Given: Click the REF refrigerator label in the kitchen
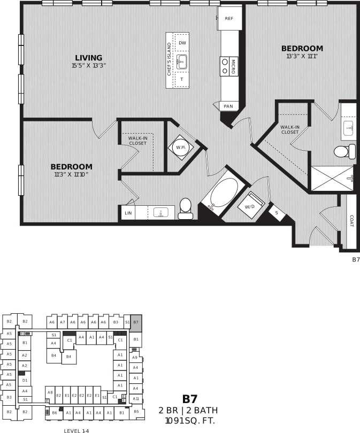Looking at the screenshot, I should click(229, 18).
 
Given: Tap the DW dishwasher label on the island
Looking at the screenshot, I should click(182, 43).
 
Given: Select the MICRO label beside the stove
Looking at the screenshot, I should click(234, 67).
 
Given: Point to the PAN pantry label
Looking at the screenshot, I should click(228, 106).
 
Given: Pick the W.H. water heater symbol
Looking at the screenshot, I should click(180, 148).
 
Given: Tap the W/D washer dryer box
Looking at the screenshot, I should click(250, 206).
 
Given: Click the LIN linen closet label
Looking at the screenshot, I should click(128, 213).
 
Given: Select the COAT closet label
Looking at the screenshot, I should click(351, 221).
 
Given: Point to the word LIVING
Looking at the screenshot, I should click(88, 58).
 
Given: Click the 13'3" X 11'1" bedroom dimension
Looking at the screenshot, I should click(302, 56).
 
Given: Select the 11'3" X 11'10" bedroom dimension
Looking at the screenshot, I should click(71, 174).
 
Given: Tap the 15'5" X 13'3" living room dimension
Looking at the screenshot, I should click(89, 66).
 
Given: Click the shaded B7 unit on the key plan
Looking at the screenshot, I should click(136, 322).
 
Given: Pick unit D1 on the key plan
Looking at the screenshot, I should click(25, 380).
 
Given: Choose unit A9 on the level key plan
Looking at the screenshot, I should click(135, 357).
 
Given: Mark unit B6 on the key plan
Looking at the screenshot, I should click(55, 413).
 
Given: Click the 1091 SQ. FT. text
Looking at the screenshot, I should click(190, 420).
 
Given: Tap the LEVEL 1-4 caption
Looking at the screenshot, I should click(76, 430).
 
